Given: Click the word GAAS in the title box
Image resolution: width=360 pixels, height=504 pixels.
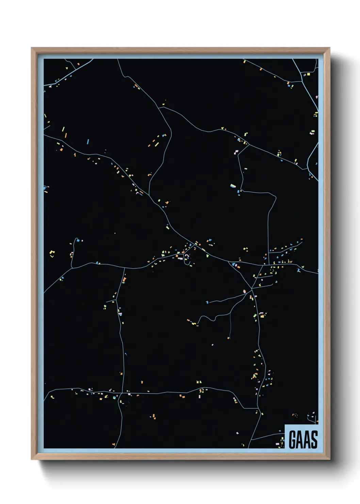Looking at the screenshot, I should tap(303, 439).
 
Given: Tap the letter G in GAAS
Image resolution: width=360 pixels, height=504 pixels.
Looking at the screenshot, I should tap(293, 439).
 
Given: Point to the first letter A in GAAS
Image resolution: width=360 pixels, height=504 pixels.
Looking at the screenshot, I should tap(299, 439).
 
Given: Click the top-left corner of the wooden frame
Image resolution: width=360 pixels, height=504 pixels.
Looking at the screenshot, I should tap(32, 48).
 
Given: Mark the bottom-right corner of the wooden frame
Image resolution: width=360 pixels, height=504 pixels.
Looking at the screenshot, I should tap(329, 459).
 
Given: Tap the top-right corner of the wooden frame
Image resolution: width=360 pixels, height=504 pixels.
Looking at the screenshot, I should tap(329, 48).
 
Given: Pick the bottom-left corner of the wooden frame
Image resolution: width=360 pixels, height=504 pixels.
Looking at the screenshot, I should tap(32, 459).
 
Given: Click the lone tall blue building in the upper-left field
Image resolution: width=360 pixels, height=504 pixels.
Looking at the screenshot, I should tap(88, 141).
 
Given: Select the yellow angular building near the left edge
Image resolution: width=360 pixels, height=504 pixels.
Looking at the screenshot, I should tap(52, 253).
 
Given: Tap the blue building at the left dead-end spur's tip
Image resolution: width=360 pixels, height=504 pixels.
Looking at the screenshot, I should tap(78, 240).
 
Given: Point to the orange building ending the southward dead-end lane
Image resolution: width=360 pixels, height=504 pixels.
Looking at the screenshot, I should tap(229, 338).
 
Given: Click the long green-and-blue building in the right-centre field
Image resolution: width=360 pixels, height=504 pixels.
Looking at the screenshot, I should tap(233, 186).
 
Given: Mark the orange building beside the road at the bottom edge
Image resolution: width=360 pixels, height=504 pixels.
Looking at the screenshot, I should tap(114, 444).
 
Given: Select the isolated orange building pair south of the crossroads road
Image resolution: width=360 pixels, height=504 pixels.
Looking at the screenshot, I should tap(153, 416).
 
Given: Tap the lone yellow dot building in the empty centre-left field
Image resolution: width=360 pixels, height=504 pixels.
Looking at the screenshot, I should tap(115, 233).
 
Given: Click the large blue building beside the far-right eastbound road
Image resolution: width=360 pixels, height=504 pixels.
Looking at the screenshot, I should tap(298, 270).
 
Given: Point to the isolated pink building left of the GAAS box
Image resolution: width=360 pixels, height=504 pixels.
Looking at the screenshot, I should tap(237, 433).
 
